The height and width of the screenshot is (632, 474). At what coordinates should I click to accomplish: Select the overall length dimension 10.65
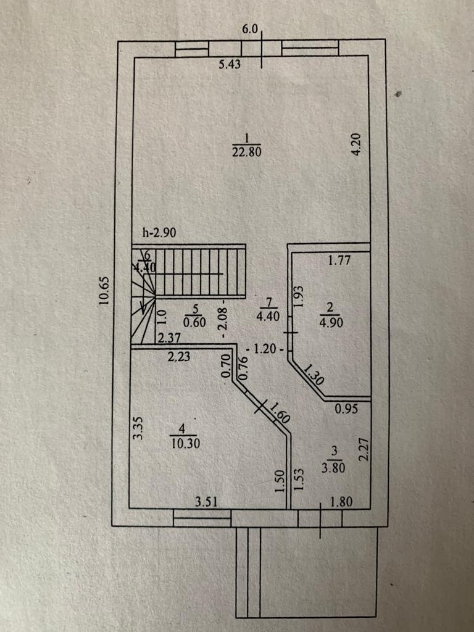(104, 291)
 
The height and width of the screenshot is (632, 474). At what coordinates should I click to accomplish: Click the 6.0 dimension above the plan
(252, 29)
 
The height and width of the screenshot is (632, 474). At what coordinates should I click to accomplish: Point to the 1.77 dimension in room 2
(339, 260)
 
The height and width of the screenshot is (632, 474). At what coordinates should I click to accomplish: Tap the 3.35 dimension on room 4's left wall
(139, 428)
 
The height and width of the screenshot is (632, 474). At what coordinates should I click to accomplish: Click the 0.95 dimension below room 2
(346, 408)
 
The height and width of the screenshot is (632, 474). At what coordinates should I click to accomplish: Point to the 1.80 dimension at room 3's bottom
(341, 502)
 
